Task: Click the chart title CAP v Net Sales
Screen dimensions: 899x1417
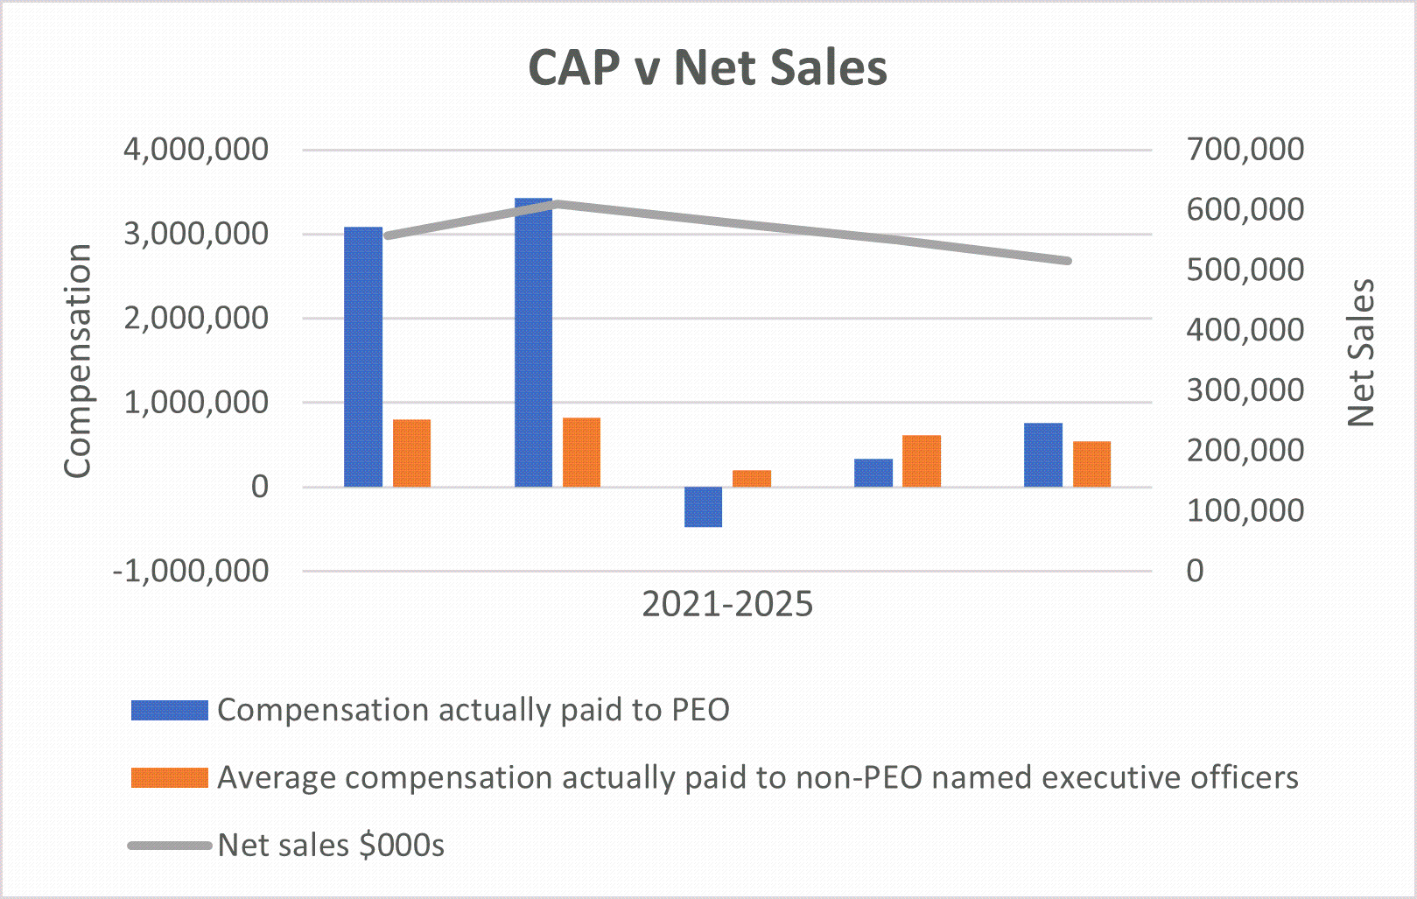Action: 707,68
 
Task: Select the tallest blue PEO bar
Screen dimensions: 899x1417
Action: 533,342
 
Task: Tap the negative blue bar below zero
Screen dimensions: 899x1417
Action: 703,507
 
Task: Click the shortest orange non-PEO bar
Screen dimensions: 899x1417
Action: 752,478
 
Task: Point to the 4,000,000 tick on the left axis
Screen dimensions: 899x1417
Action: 196,150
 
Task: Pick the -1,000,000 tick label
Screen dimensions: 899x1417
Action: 190,571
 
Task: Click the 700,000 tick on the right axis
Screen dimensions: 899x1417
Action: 1245,150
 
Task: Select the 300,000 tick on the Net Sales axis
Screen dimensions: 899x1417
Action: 1245,390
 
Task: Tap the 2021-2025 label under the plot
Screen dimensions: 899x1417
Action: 727,605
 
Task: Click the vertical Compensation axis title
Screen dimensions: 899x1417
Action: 78,361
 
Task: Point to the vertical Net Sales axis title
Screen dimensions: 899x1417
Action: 1361,353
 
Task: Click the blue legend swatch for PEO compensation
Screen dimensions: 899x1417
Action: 169,710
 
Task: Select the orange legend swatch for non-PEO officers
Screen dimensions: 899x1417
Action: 169,777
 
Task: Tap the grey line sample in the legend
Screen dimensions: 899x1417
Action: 169,846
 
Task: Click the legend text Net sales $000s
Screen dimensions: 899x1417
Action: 331,846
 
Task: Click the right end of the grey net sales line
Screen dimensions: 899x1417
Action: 1067,261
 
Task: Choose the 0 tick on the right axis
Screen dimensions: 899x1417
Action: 1195,571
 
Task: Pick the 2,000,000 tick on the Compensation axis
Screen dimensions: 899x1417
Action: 196,319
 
